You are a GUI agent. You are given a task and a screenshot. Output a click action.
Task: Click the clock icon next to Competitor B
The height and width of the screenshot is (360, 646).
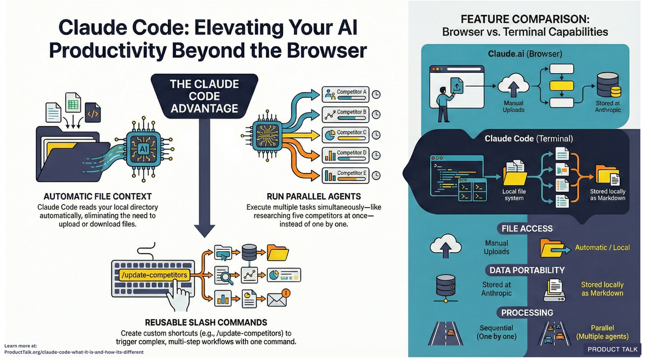tap(376, 114)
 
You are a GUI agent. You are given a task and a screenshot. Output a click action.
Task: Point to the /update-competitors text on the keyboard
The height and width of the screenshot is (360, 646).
tap(155, 274)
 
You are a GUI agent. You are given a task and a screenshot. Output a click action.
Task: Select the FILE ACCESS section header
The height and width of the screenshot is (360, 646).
tap(526, 228)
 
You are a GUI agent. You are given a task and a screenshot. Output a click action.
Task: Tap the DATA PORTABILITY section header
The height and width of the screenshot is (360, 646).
tap(526, 270)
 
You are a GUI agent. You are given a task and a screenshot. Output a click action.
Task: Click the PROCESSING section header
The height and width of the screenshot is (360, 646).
tap(526, 312)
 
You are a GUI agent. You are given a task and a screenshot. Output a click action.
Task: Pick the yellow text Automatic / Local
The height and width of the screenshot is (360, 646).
tap(602, 248)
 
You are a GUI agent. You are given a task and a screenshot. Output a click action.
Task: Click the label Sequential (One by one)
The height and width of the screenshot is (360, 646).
tap(496, 332)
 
